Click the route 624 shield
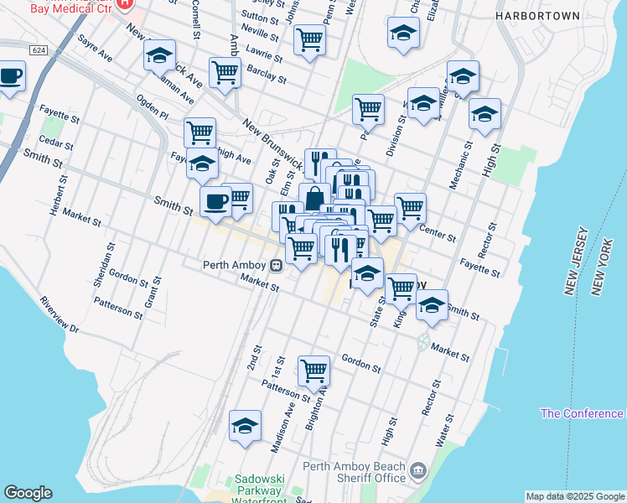coord(38,50)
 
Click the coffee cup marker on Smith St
coord(215,202)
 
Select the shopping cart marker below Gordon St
coord(313,370)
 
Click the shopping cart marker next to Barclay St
coord(225,72)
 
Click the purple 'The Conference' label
coord(582,413)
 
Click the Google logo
coord(28,493)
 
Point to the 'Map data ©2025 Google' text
coord(575,496)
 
